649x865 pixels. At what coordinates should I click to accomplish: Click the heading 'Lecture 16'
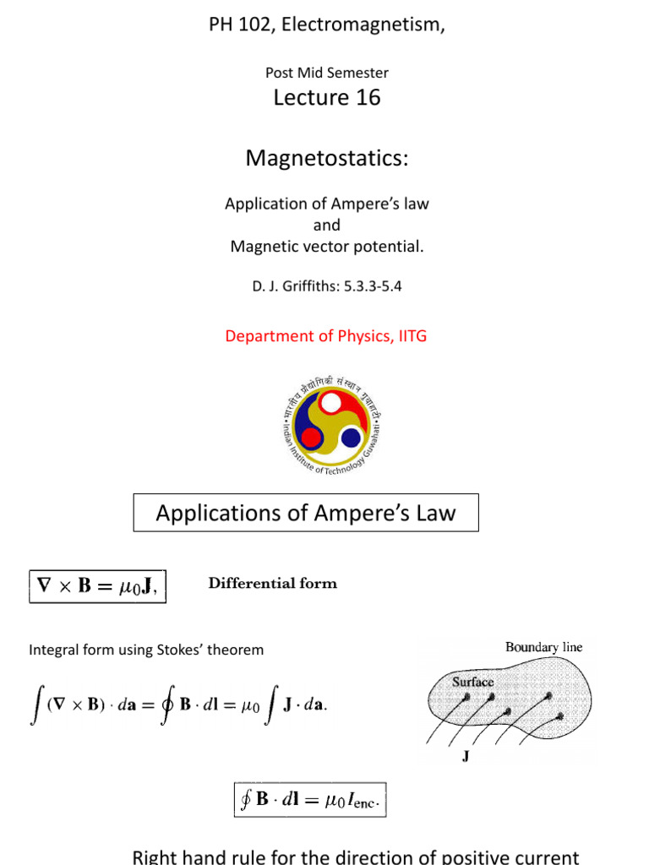pyautogui.click(x=327, y=98)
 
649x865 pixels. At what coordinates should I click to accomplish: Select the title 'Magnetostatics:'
pyautogui.click(x=326, y=158)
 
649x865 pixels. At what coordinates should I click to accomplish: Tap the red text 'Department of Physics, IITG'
pyautogui.click(x=326, y=335)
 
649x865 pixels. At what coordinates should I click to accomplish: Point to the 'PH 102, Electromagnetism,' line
pyautogui.click(x=326, y=25)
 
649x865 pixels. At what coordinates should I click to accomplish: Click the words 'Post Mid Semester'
pyautogui.click(x=327, y=73)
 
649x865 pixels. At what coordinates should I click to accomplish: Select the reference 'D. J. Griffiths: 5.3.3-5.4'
pyautogui.click(x=326, y=286)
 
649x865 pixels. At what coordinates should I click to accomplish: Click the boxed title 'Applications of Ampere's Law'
pyautogui.click(x=306, y=513)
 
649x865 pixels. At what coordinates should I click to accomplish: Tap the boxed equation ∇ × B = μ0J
pyautogui.click(x=98, y=585)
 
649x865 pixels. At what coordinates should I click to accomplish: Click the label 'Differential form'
pyautogui.click(x=272, y=583)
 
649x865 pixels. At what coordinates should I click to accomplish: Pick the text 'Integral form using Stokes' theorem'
pyautogui.click(x=146, y=650)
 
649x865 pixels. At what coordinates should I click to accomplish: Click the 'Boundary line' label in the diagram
pyautogui.click(x=543, y=647)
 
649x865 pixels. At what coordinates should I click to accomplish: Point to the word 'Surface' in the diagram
pyautogui.click(x=472, y=681)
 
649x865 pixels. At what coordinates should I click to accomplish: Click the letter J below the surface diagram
pyautogui.click(x=466, y=758)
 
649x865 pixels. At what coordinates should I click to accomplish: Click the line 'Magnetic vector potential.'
pyautogui.click(x=326, y=247)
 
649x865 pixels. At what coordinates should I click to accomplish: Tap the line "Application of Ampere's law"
pyautogui.click(x=326, y=204)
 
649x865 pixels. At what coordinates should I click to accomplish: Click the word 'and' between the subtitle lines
pyautogui.click(x=326, y=226)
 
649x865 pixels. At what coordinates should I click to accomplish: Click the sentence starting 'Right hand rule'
pyautogui.click(x=356, y=857)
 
